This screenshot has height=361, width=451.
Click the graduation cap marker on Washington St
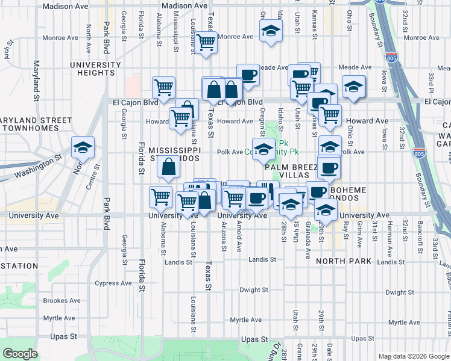pos(83,147)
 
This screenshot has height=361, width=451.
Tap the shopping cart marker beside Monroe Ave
pos(206,42)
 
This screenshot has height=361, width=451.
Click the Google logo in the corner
pos(20,354)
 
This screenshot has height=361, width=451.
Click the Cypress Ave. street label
pos(114,283)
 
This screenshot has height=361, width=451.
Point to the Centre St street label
pos(89,178)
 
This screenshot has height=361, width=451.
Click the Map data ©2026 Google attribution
pos(412,356)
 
